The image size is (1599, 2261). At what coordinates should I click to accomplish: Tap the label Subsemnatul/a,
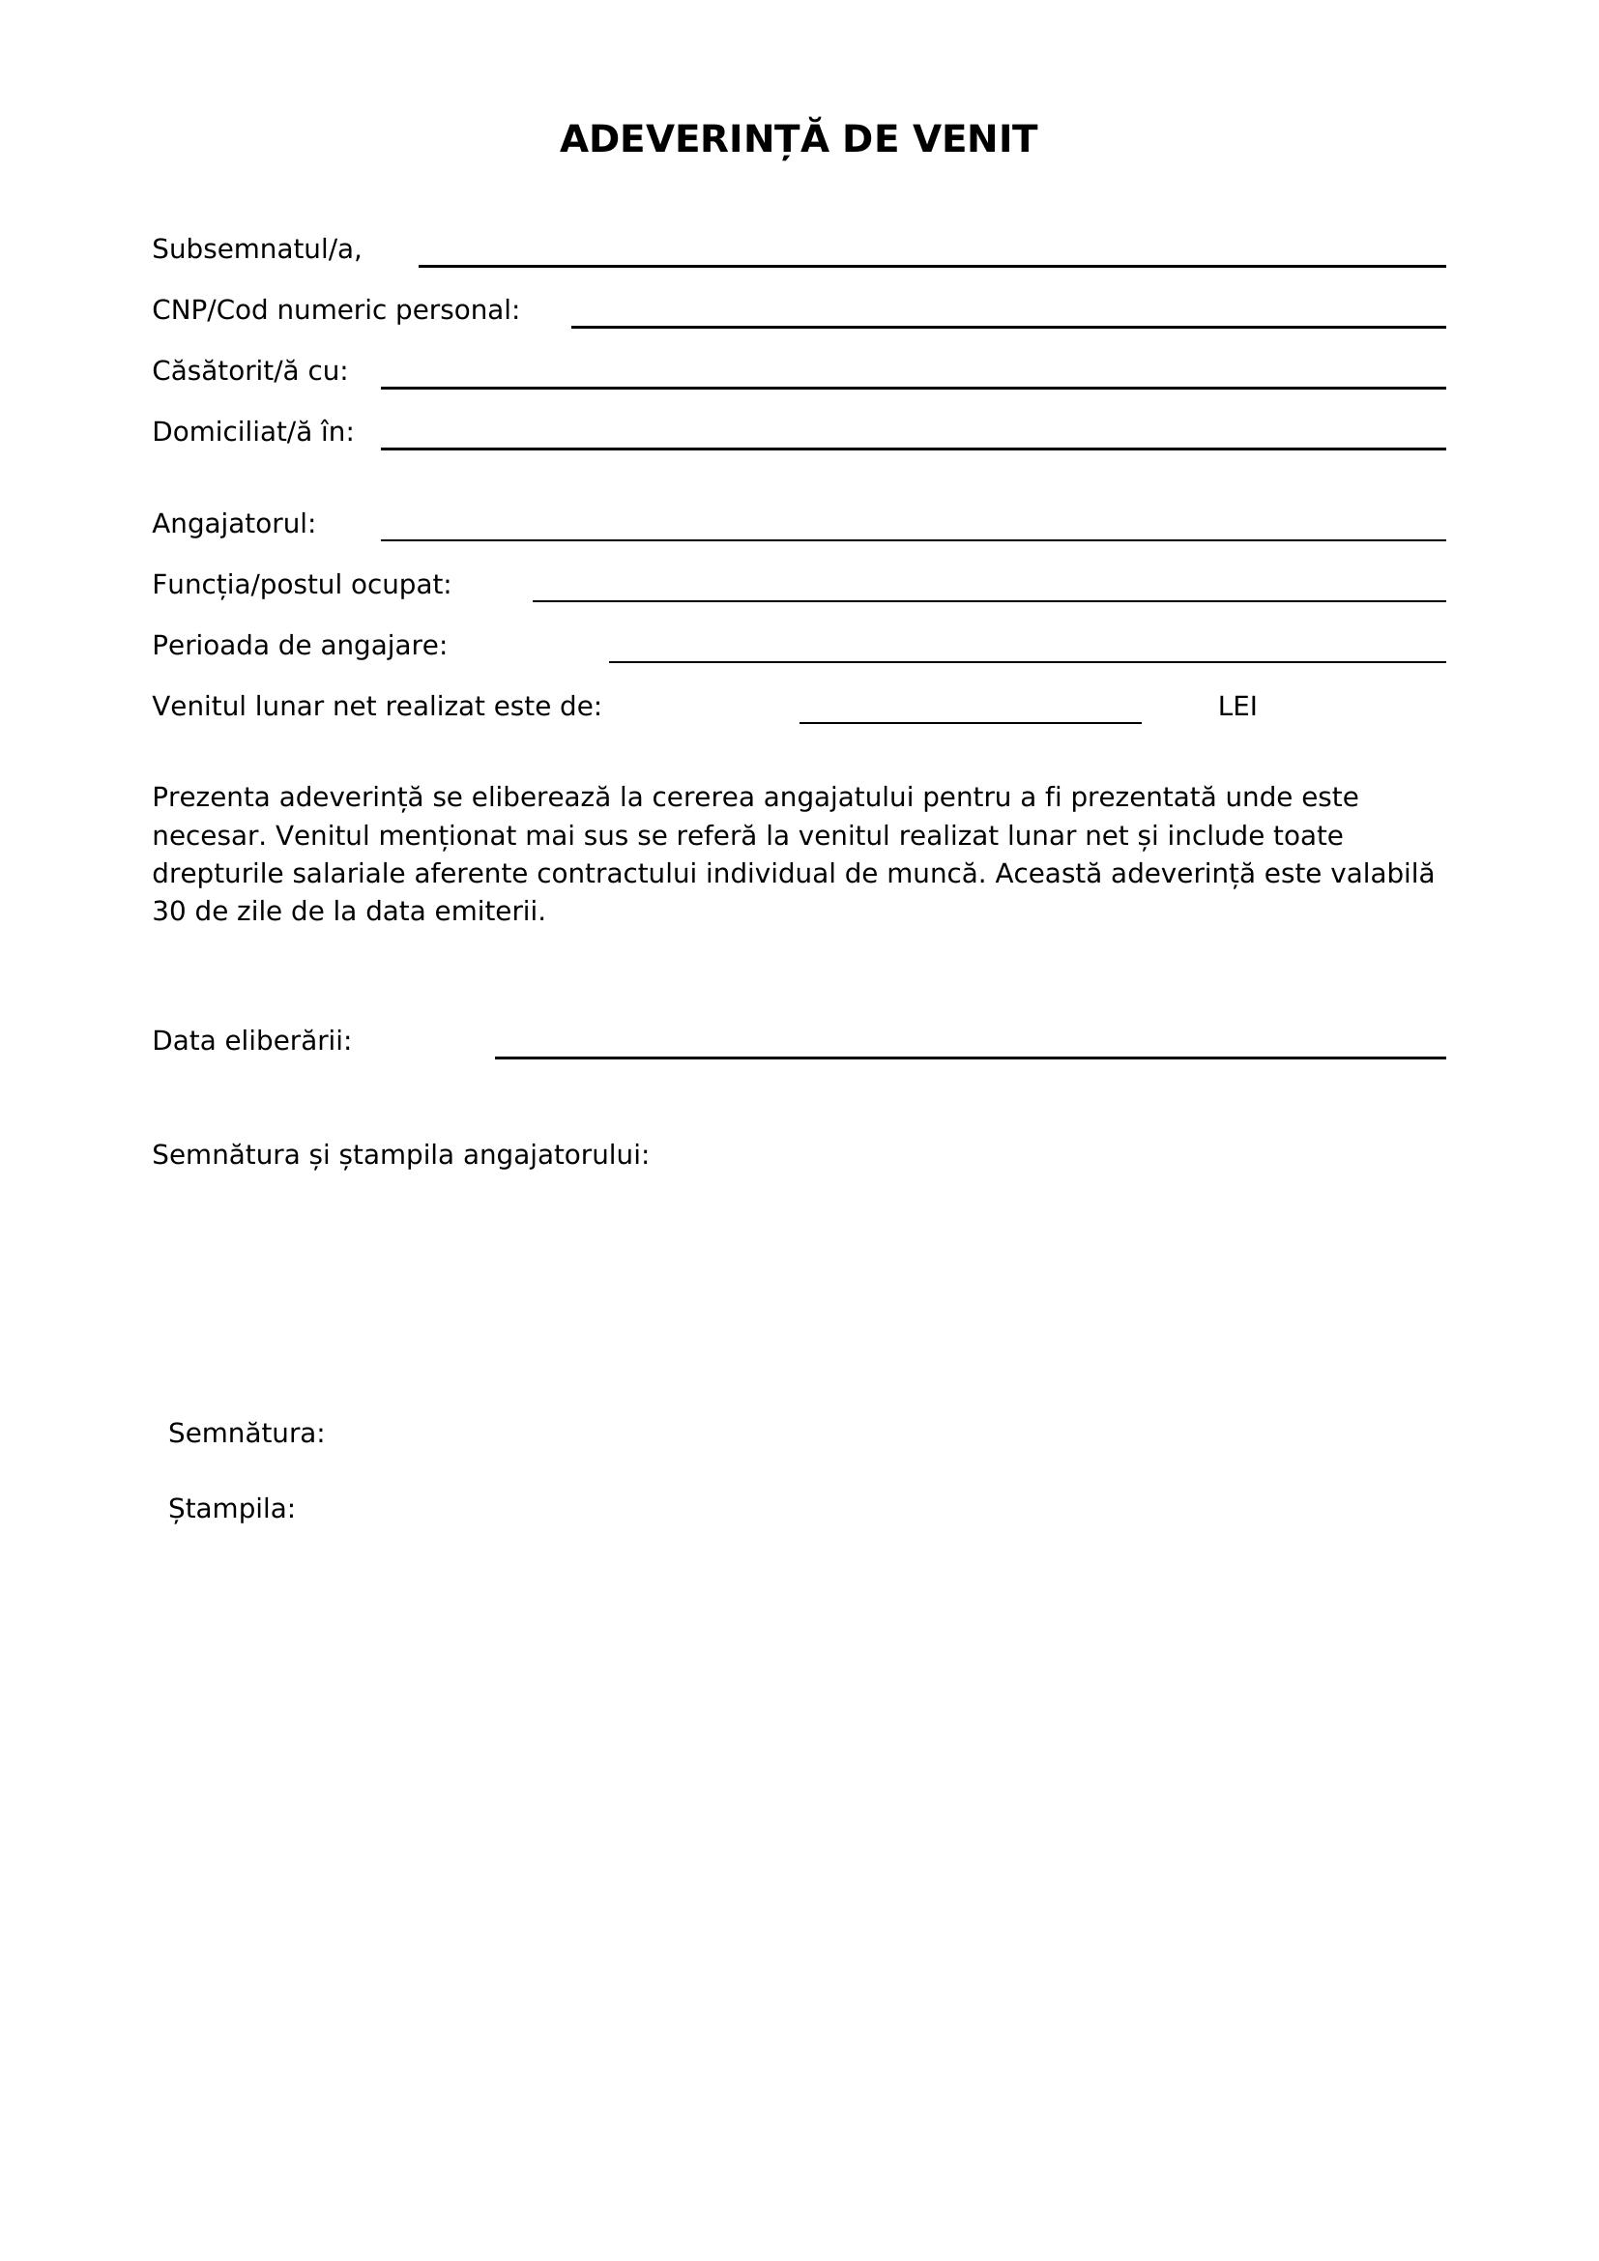[257, 250]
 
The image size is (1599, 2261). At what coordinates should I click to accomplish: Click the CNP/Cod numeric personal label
[335, 311]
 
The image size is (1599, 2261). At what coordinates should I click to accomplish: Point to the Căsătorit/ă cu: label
[250, 372]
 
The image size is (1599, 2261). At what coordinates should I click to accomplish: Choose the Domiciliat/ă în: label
[253, 433]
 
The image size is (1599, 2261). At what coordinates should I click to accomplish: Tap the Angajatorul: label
[234, 525]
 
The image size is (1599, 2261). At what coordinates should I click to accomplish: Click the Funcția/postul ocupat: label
[302, 586]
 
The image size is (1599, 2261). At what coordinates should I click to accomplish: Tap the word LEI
[1236, 707]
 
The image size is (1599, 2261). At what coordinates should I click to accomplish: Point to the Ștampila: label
[231, 1510]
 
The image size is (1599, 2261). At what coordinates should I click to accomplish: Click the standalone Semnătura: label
[247, 1434]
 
